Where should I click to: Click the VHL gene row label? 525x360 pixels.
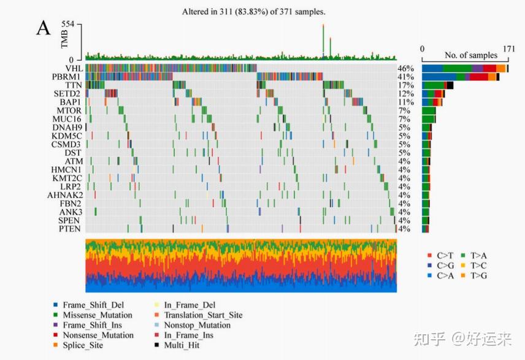tap(73, 68)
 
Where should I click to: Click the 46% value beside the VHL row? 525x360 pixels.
tap(405, 68)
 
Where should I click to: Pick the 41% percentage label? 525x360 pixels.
tap(405, 77)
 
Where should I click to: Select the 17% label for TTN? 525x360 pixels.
tap(405, 85)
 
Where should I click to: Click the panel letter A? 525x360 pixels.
tap(43, 28)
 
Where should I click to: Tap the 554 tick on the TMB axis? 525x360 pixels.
tap(67, 24)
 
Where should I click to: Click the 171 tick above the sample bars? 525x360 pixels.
tap(508, 48)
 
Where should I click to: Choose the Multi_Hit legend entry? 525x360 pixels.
tap(182, 345)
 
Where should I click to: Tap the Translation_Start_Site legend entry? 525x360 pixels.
tap(202, 315)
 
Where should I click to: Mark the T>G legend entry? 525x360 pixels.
tap(477, 275)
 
